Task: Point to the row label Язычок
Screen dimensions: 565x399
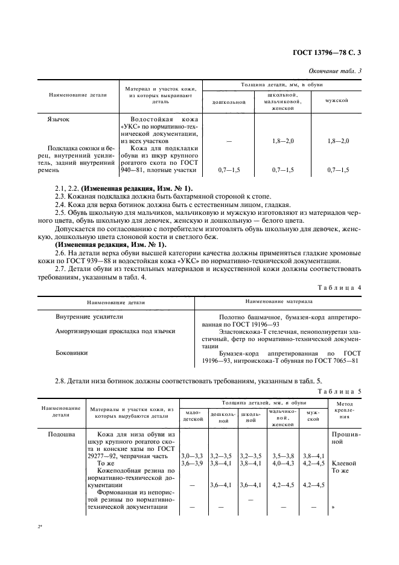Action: tap(57, 120)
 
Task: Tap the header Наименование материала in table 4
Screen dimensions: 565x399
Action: tap(279, 300)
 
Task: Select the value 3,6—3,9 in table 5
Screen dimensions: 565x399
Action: tap(193, 464)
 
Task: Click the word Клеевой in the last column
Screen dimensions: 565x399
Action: tap(343, 464)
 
